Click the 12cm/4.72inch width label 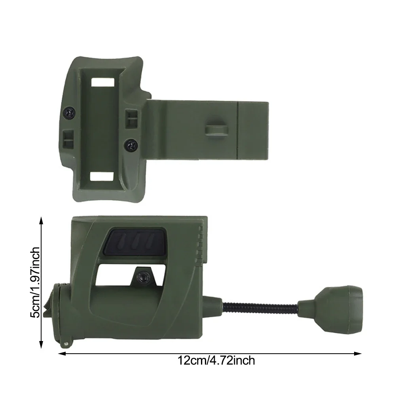216,361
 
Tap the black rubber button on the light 136,241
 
